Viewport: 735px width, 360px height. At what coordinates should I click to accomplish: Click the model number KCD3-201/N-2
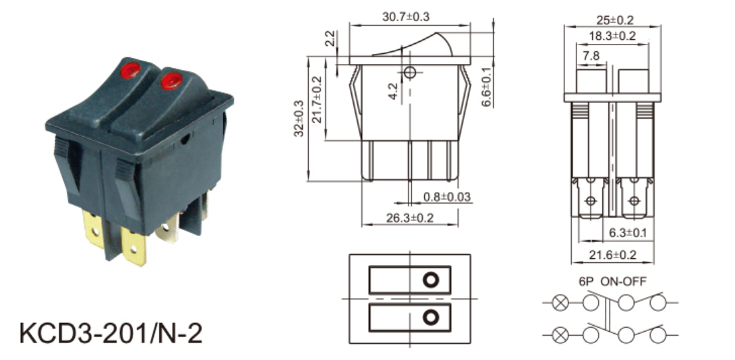point(111,334)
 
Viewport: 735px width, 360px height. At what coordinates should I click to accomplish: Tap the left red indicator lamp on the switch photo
point(130,70)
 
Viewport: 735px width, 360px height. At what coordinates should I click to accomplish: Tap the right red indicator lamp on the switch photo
point(171,80)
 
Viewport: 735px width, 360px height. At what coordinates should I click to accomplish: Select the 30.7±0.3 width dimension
point(406,17)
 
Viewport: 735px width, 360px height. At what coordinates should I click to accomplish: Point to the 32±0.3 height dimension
point(299,118)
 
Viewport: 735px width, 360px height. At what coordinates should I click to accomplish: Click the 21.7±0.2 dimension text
point(318,99)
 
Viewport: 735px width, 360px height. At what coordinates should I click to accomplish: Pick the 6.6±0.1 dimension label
point(487,87)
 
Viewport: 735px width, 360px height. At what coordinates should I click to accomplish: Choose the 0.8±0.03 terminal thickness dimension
point(446,197)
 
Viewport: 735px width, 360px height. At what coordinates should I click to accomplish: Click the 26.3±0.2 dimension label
point(410,218)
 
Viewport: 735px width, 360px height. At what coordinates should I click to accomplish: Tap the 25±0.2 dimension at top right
point(614,20)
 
